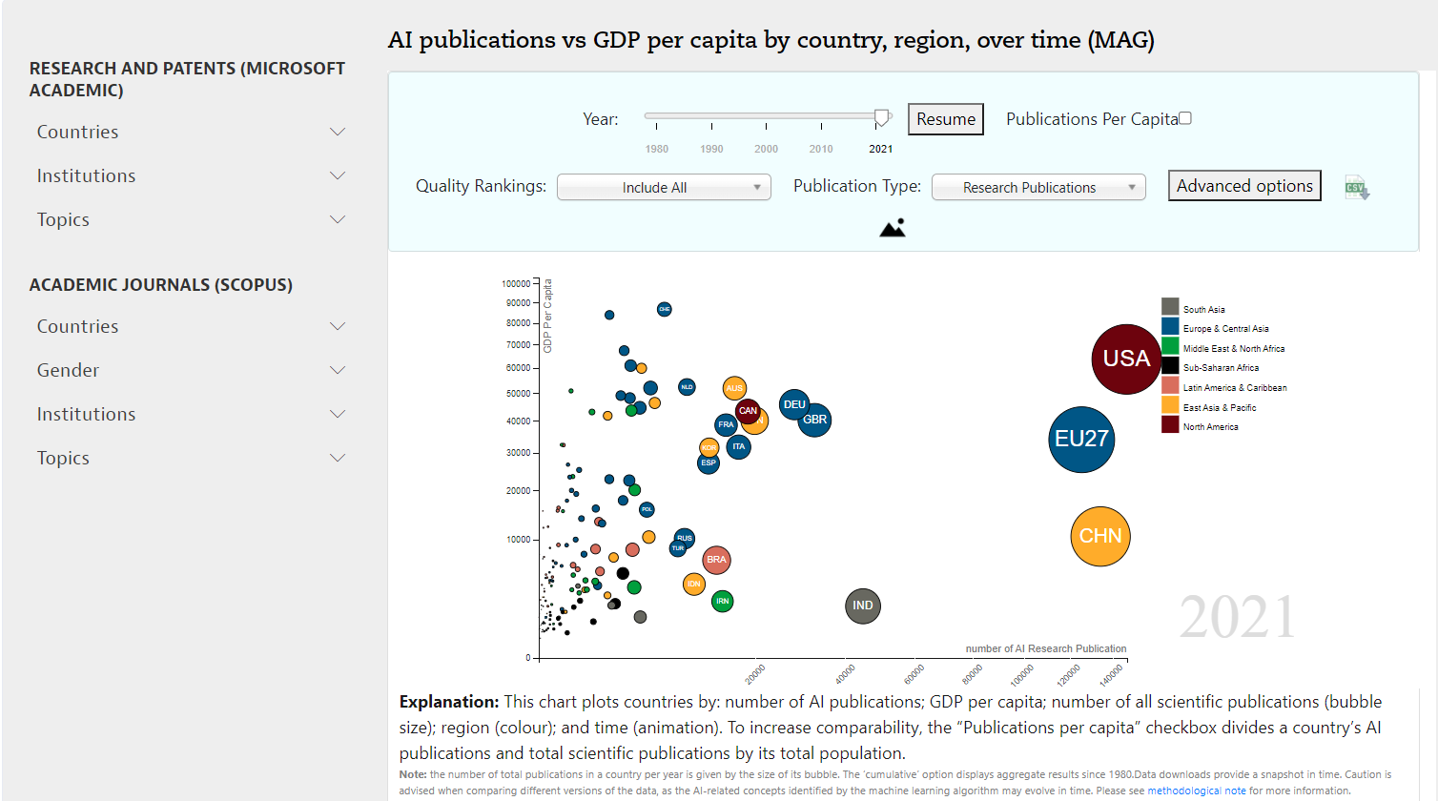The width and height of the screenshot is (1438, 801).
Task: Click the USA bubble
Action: (1126, 359)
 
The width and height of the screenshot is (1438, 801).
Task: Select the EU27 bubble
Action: (1081, 439)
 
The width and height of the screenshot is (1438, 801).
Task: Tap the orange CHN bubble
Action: (1099, 536)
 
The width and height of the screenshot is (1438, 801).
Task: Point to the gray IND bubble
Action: (862, 606)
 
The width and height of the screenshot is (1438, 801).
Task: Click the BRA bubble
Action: (716, 560)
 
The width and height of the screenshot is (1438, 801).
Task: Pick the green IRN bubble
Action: (723, 601)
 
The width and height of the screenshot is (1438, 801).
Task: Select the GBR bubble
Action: (814, 420)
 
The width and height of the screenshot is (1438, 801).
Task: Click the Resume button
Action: (945, 119)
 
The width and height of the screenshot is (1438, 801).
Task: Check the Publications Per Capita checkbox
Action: (1185, 118)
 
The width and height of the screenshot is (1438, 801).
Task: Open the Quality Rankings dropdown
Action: (664, 188)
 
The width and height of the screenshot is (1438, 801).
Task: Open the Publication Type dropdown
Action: (1037, 188)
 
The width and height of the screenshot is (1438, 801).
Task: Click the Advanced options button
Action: (1243, 186)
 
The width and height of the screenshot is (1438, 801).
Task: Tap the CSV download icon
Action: (1356, 188)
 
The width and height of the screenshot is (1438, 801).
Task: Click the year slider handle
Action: (882, 117)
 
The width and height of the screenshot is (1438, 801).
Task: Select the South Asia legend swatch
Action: (1170, 307)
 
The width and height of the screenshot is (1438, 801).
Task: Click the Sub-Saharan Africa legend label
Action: (1221, 368)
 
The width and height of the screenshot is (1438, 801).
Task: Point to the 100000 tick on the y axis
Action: (516, 284)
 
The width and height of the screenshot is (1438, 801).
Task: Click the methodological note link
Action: (1196, 791)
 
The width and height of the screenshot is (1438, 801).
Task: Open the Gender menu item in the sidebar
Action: (68, 370)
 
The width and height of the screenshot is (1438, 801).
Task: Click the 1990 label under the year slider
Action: (711, 149)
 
